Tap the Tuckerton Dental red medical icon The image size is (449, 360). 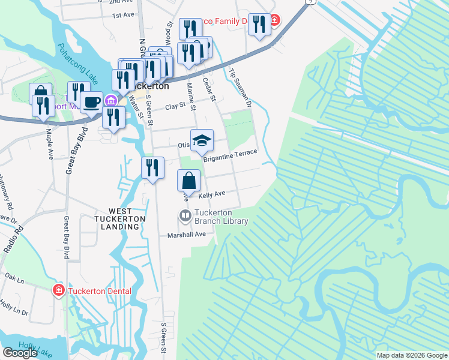59,291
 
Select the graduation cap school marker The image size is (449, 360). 202,140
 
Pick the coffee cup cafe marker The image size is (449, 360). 91,102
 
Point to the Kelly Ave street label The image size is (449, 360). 212,194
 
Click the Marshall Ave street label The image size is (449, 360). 190,235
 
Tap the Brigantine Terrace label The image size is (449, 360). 230,155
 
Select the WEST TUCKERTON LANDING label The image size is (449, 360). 127,219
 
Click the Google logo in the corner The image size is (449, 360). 20,353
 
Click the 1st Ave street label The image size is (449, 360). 122,14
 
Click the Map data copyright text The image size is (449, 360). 411,355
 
